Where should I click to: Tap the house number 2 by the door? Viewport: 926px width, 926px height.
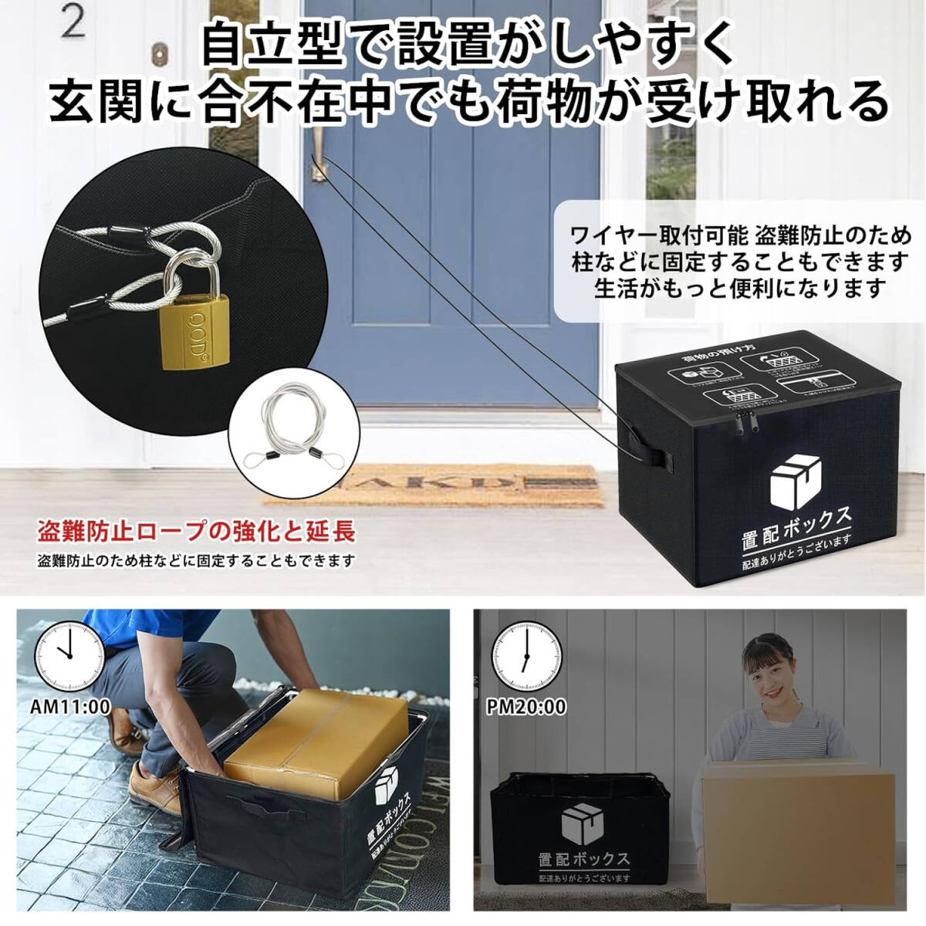73,23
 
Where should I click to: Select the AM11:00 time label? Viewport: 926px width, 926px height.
70,705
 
